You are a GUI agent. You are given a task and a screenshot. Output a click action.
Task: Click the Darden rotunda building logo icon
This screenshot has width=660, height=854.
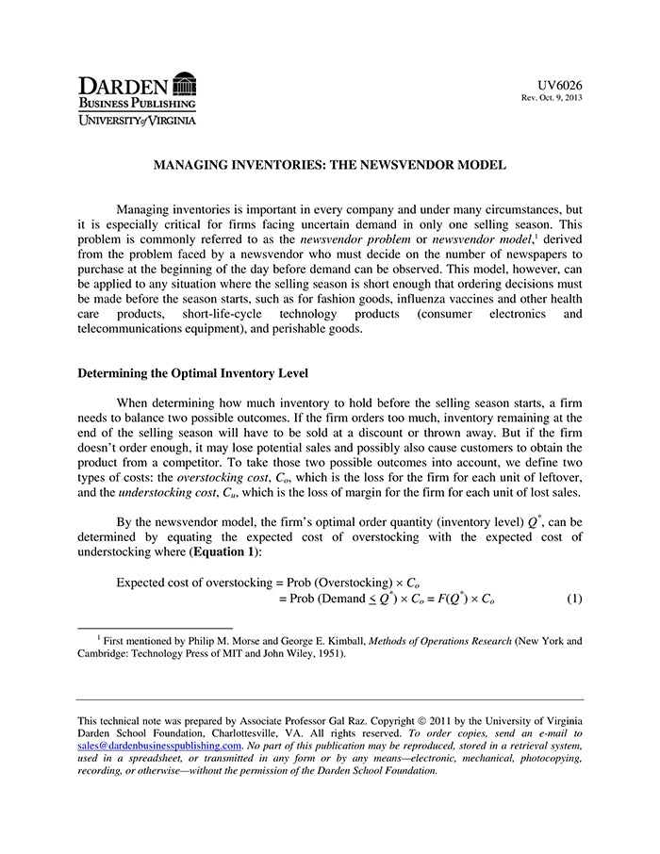(185, 84)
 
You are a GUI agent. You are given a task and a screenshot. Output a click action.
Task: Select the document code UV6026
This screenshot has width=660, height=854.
(560, 85)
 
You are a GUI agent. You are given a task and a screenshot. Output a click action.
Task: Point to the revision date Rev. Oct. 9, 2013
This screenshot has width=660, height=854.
(552, 98)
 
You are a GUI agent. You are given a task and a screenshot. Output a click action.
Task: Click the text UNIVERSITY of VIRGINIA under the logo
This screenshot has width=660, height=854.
(137, 121)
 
